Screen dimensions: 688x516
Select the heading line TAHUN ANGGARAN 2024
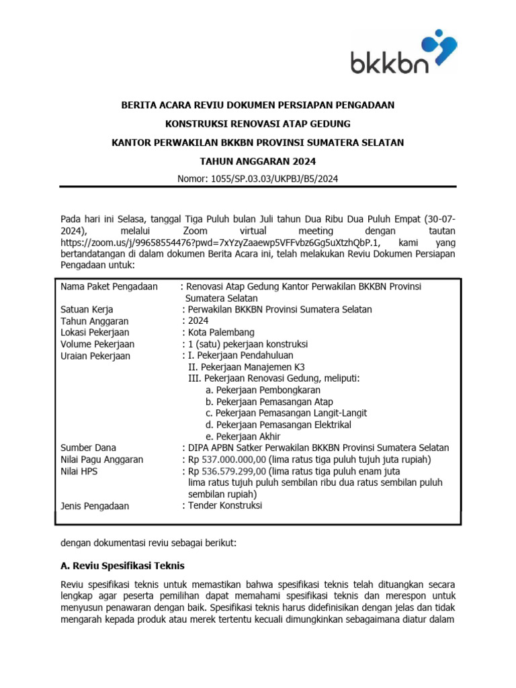[257, 161]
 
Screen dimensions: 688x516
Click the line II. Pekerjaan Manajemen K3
[246, 367]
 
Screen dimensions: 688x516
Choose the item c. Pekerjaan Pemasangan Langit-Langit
[286, 413]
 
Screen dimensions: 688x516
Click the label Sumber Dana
[88, 448]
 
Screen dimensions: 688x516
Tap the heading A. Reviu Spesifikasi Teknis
[122, 566]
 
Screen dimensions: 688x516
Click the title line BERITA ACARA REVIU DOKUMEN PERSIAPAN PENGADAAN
[257, 105]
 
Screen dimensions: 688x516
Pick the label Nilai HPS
[80, 471]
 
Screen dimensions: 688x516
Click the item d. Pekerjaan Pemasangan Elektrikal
[278, 425]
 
